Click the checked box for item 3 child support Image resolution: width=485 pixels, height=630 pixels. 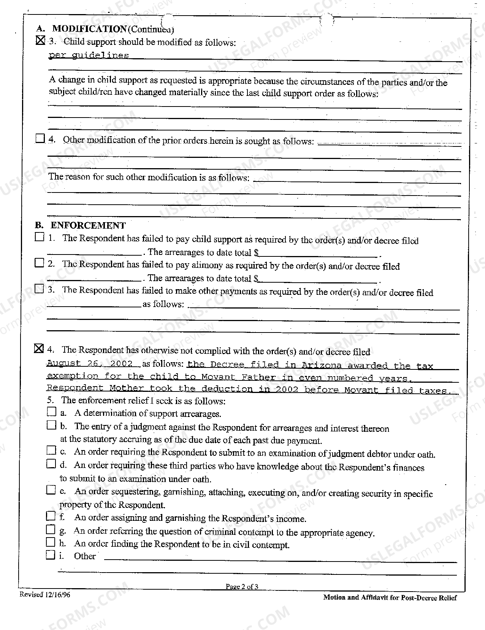40,40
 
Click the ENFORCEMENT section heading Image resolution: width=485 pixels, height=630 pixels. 88,226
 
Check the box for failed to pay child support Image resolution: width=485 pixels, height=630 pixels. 40,237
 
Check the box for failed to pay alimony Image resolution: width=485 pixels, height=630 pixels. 40,263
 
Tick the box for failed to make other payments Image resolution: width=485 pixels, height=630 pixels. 40,289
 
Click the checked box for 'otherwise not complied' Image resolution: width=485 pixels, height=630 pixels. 39,348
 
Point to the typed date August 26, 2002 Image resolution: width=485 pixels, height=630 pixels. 90,363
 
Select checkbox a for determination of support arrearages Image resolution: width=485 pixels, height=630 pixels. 52,412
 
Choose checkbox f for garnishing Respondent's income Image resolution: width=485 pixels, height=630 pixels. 51,516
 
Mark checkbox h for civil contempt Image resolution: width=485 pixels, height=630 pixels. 51,542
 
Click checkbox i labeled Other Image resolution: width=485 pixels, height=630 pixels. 51,555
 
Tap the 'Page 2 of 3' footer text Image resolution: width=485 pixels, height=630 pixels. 242,587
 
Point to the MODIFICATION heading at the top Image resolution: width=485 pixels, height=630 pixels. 89,29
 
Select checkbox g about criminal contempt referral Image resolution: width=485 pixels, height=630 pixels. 51,529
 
